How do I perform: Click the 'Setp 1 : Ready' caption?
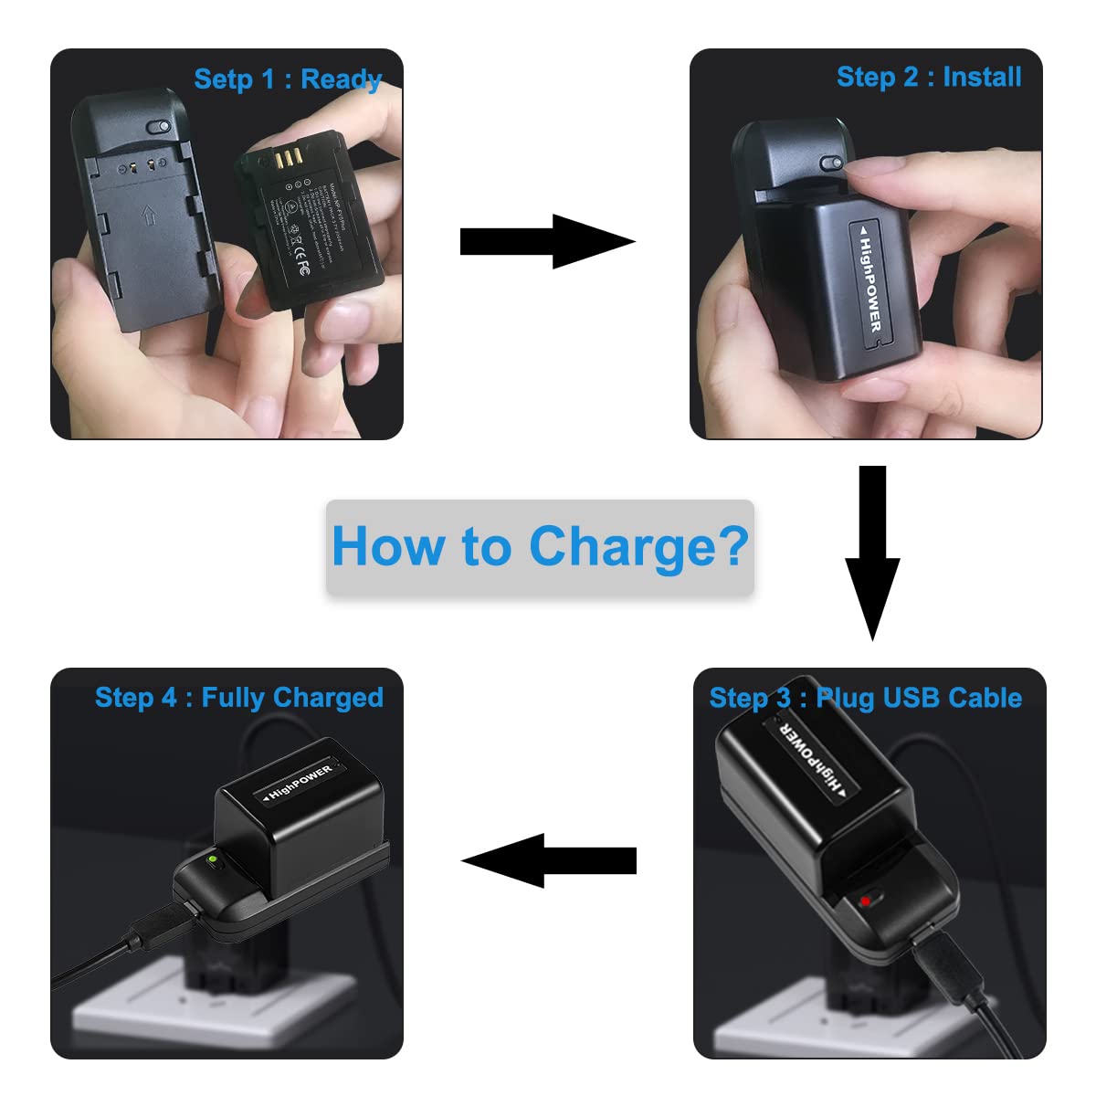click(287, 79)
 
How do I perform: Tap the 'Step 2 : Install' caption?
click(928, 77)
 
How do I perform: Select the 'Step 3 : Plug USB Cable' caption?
click(865, 698)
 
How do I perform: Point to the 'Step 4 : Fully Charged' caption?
click(238, 698)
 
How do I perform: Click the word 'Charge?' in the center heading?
click(638, 546)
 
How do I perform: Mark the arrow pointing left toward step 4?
click(548, 860)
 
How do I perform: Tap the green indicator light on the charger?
click(212, 860)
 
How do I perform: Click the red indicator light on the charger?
click(864, 902)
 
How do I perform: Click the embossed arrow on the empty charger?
click(148, 217)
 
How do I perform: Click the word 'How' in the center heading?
click(389, 546)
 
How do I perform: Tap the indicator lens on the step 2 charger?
click(830, 163)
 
